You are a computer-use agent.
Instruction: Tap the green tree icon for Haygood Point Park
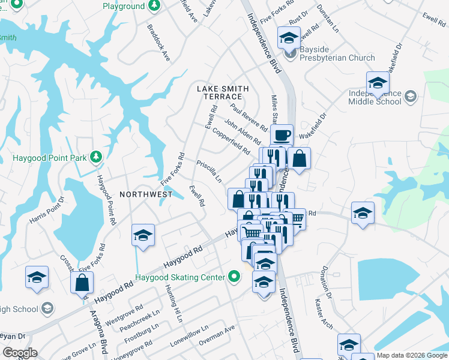coord(95,157)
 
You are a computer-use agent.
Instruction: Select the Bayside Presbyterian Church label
coord(337,58)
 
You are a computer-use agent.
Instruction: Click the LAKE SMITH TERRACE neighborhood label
coord(223,92)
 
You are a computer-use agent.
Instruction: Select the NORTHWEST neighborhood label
coord(146,194)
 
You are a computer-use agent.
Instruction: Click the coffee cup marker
coord(282,134)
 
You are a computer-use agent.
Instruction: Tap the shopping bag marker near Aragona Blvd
coord(82,283)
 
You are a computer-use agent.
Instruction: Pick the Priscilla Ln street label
coord(209,171)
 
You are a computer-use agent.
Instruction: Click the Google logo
coord(20,353)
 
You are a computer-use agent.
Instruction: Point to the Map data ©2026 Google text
coord(412,355)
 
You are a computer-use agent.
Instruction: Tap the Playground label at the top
coord(123,6)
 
